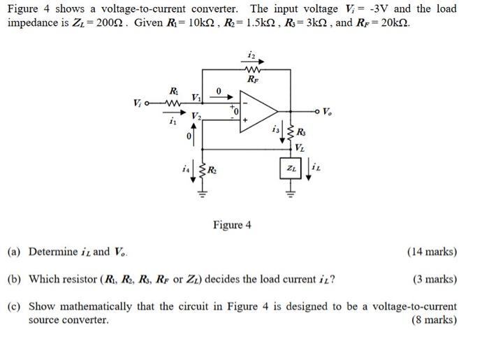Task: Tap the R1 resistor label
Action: click(173, 91)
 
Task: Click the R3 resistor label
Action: click(300, 133)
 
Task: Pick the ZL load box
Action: click(289, 168)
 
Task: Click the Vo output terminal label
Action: click(328, 110)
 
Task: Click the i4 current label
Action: click(185, 168)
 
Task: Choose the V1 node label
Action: click(197, 97)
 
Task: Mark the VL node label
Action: click(299, 147)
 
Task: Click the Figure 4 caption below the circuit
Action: click(232, 225)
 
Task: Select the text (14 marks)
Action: click(432, 252)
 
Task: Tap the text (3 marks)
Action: click(435, 279)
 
